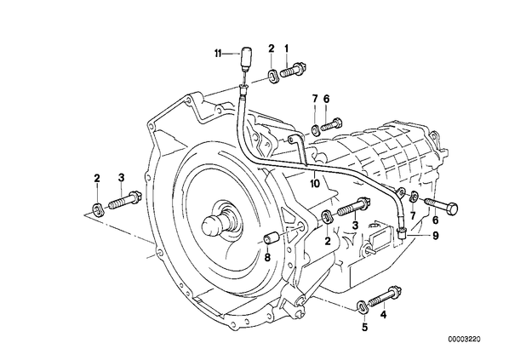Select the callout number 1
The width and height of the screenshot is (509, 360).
286,49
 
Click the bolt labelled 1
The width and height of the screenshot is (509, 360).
293,70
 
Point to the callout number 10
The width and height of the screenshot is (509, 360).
315,184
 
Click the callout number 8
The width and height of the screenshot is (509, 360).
267,257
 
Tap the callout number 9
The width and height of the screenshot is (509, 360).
435,236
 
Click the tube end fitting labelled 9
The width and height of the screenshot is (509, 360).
402,232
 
